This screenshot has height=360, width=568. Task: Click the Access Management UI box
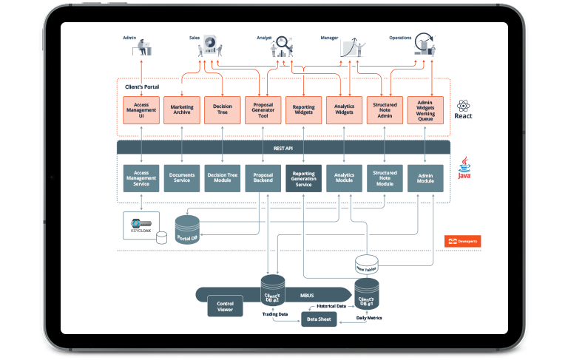coord(141,110)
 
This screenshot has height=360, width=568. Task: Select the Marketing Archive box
coord(182,110)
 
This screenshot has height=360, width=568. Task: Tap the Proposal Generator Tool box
coord(263,110)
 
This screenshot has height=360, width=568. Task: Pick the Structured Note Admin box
coord(385,110)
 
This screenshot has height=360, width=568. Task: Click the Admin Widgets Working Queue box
coord(425,110)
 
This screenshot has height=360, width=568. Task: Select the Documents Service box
coord(182,178)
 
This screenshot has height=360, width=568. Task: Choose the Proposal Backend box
coord(263,178)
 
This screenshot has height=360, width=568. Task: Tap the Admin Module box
coord(425,178)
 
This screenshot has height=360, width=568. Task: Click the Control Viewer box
coord(225,306)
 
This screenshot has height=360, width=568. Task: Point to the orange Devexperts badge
coord(463,241)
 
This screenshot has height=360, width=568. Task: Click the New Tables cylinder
coord(367,265)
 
